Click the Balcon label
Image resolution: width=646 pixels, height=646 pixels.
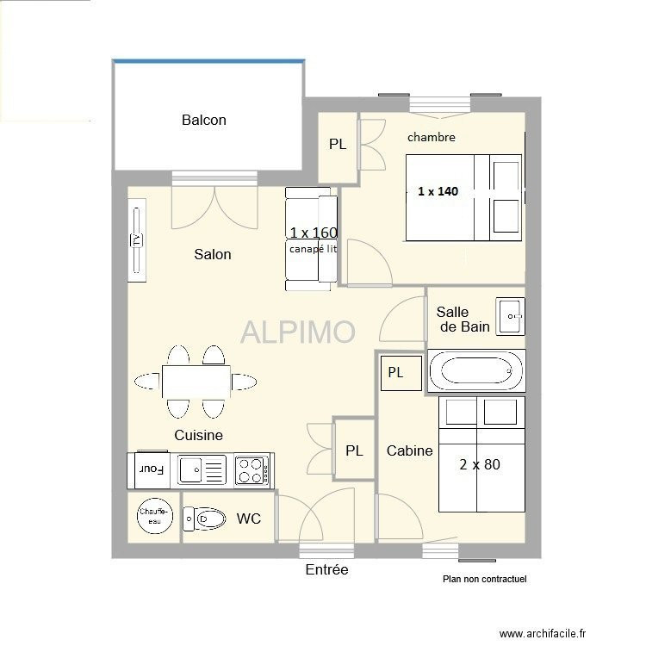point(204,120)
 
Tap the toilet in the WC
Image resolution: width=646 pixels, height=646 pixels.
point(204,519)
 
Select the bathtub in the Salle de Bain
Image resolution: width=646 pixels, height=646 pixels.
point(476,370)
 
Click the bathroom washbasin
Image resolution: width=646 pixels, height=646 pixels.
point(511,316)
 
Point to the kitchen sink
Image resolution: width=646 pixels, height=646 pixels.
point(202,469)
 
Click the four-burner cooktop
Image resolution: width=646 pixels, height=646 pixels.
point(252,470)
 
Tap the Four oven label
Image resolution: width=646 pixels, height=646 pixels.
point(152,469)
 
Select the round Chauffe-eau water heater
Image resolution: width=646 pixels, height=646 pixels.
point(154,516)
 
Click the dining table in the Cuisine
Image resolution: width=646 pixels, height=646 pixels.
point(196,381)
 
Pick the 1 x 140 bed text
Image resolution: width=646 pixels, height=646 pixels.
point(438,191)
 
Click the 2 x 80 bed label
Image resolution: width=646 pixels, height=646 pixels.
point(480,465)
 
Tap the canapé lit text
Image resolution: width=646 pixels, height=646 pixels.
point(314,249)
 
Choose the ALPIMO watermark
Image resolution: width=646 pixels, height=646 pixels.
point(298,332)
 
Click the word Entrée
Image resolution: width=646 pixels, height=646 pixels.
point(326,569)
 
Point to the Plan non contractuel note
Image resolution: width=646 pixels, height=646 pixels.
point(484,579)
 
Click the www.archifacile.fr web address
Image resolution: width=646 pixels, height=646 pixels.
point(542,633)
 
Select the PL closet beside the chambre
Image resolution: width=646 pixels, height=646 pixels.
point(338,147)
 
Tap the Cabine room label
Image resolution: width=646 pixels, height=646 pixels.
point(409,450)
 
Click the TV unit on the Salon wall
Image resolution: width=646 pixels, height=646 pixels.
point(137,240)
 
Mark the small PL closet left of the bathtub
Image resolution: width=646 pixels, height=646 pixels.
point(401,373)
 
